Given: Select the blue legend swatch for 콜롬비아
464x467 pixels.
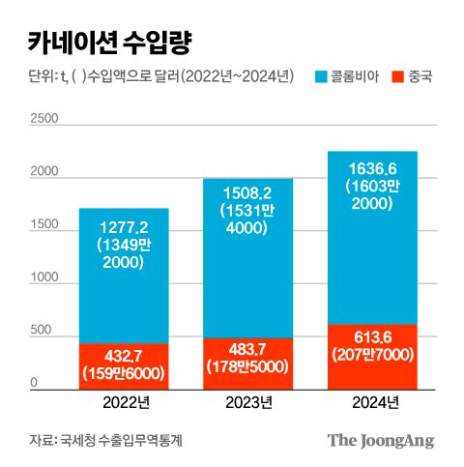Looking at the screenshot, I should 323,75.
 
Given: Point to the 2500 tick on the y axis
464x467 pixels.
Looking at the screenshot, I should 44,119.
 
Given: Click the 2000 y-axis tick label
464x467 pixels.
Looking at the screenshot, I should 44,172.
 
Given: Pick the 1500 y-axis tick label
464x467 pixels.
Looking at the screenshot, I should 44,225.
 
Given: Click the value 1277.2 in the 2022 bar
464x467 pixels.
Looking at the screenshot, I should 124,226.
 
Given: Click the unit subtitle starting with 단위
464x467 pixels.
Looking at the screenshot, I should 155,75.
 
